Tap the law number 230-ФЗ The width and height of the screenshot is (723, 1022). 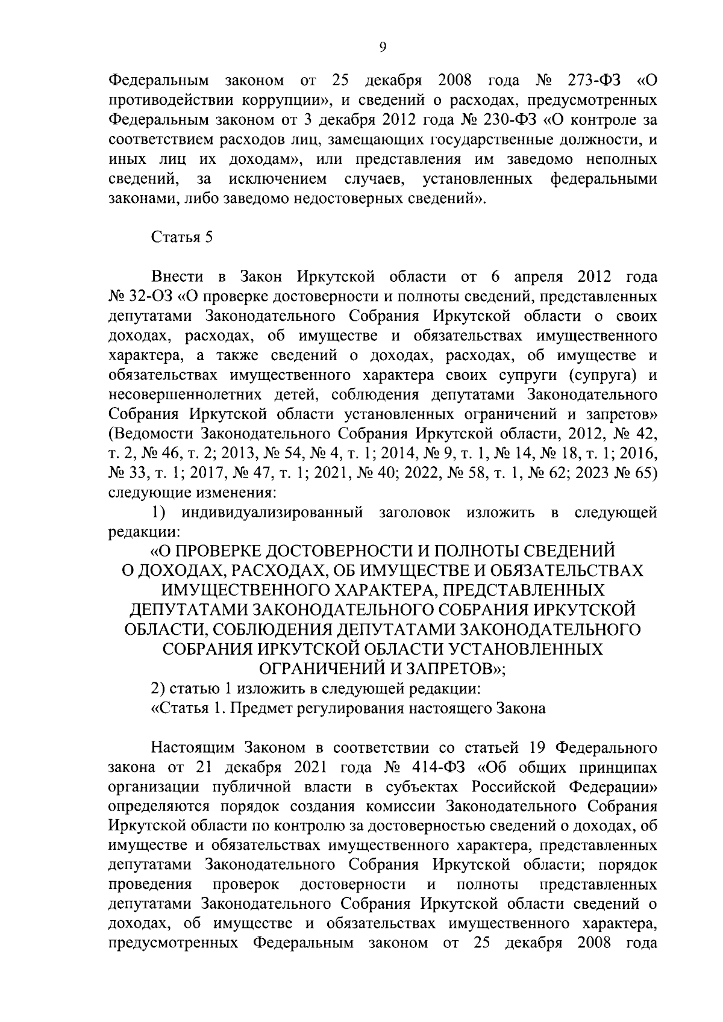coord(505,120)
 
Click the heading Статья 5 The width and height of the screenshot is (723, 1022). coord(181,237)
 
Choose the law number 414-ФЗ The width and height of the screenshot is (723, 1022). coord(430,768)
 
